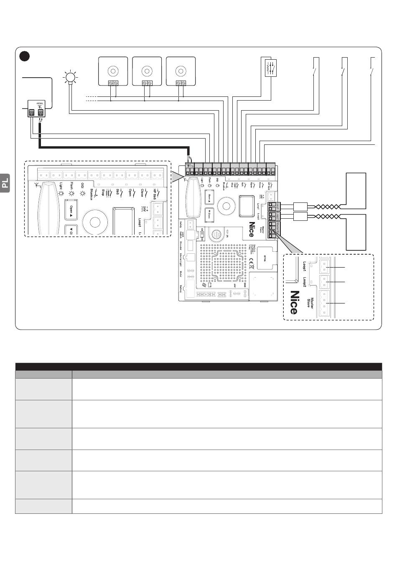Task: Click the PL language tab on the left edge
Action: tap(5, 183)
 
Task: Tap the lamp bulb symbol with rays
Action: tap(70, 76)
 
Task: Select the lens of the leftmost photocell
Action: tap(112, 69)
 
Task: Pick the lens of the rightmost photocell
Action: tap(181, 69)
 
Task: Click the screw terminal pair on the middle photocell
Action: tap(147, 83)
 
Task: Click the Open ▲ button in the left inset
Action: tap(71, 209)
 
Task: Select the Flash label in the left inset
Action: tap(71, 187)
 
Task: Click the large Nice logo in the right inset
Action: tap(295, 303)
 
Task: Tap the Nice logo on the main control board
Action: tap(252, 229)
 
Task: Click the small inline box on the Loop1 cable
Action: tap(300, 206)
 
